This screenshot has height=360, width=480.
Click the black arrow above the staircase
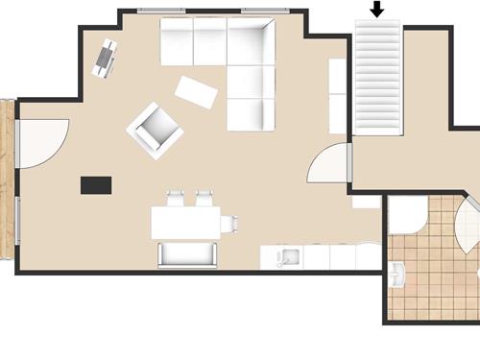click(x=377, y=10)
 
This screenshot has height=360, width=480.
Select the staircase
click(x=377, y=80)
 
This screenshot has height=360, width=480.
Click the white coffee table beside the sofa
click(x=197, y=92)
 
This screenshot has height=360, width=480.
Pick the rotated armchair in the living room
click(x=155, y=130)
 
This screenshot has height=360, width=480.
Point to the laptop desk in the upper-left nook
click(x=105, y=58)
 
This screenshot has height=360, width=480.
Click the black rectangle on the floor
click(x=96, y=185)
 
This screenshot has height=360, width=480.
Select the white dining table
click(x=185, y=223)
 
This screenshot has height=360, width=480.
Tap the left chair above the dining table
click(x=176, y=199)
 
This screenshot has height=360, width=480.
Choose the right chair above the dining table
click(x=204, y=199)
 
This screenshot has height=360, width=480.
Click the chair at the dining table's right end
click(x=229, y=224)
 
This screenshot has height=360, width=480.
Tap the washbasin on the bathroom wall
click(x=400, y=276)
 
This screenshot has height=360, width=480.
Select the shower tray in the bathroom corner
click(x=406, y=215)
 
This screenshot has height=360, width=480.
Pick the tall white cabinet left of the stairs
click(x=337, y=96)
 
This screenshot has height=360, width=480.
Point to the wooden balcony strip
click(x=7, y=180)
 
